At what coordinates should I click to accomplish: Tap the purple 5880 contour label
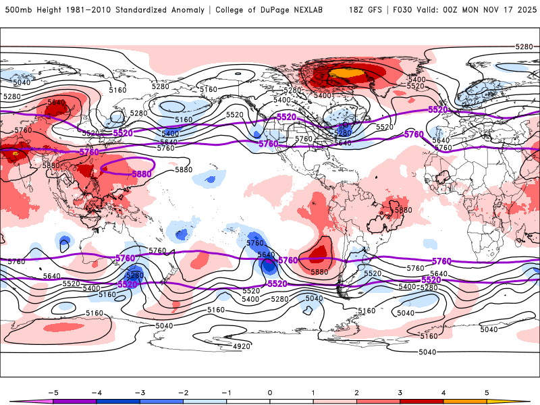[x=142, y=173]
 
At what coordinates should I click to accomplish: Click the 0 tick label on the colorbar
[x=270, y=391]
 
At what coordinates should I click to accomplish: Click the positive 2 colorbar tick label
[x=357, y=391]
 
